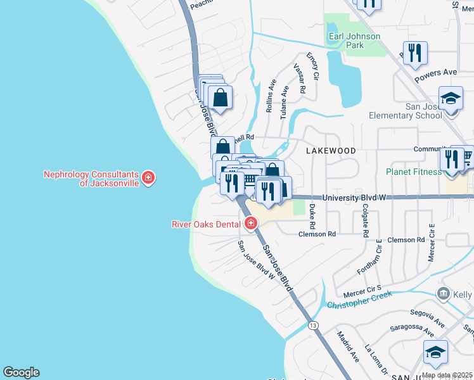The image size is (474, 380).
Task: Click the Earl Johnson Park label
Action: point(354,41)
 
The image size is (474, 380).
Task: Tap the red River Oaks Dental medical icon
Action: point(251,224)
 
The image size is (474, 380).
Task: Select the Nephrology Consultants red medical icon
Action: point(148,178)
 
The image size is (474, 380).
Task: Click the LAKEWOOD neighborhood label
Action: point(331,151)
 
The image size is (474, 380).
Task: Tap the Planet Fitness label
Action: point(414,172)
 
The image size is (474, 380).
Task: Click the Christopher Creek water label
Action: point(359,300)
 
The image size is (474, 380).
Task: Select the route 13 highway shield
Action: point(313,326)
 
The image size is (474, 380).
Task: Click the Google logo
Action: point(21,372)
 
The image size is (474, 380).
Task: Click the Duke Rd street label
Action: point(312,215)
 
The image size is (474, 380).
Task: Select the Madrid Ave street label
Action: point(348,346)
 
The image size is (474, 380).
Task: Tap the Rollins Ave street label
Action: point(271,96)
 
